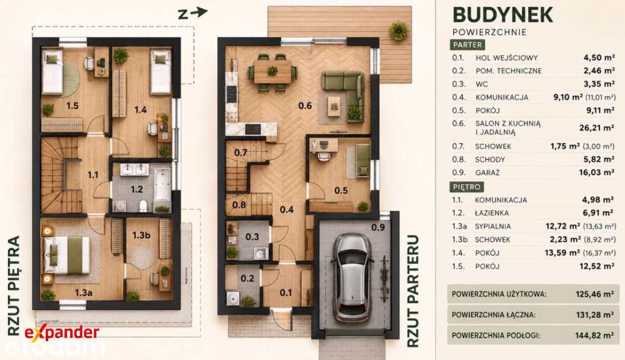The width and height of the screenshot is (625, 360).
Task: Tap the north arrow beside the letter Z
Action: [199, 12]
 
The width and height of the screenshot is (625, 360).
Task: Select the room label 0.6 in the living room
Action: [305, 106]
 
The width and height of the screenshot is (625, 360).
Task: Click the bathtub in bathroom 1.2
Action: [162, 184]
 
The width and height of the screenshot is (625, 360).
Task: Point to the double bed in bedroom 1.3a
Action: [67, 255]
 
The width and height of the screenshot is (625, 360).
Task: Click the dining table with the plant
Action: [272, 72]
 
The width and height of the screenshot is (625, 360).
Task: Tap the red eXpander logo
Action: [62, 333]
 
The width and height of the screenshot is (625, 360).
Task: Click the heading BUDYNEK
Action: [502, 15]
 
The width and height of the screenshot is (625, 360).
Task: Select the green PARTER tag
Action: [467, 45]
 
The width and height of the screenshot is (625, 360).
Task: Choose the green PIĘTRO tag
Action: [466, 187]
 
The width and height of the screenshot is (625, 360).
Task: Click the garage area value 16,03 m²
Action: [597, 172]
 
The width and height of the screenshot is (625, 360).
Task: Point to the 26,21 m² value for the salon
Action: [597, 128]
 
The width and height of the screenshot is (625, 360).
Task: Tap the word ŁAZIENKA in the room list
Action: [492, 213]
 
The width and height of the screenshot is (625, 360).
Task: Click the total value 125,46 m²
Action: [595, 294]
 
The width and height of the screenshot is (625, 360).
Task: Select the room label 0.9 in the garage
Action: [378, 228]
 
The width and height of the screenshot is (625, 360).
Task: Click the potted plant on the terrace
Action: [399, 30]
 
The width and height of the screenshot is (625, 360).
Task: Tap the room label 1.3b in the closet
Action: [142, 235]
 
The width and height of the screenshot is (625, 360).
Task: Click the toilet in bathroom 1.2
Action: [143, 206]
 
